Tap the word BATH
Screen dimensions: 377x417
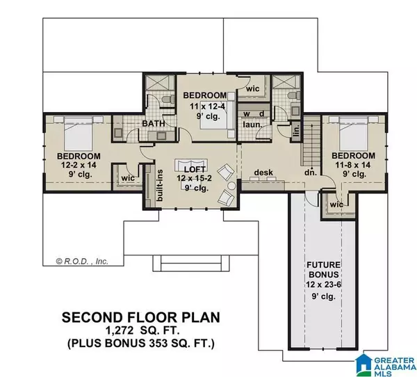(x=153, y=123)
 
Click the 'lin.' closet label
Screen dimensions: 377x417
(x=295, y=130)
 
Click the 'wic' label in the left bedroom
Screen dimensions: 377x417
(x=127, y=177)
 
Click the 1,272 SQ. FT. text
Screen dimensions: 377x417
(x=141, y=331)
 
